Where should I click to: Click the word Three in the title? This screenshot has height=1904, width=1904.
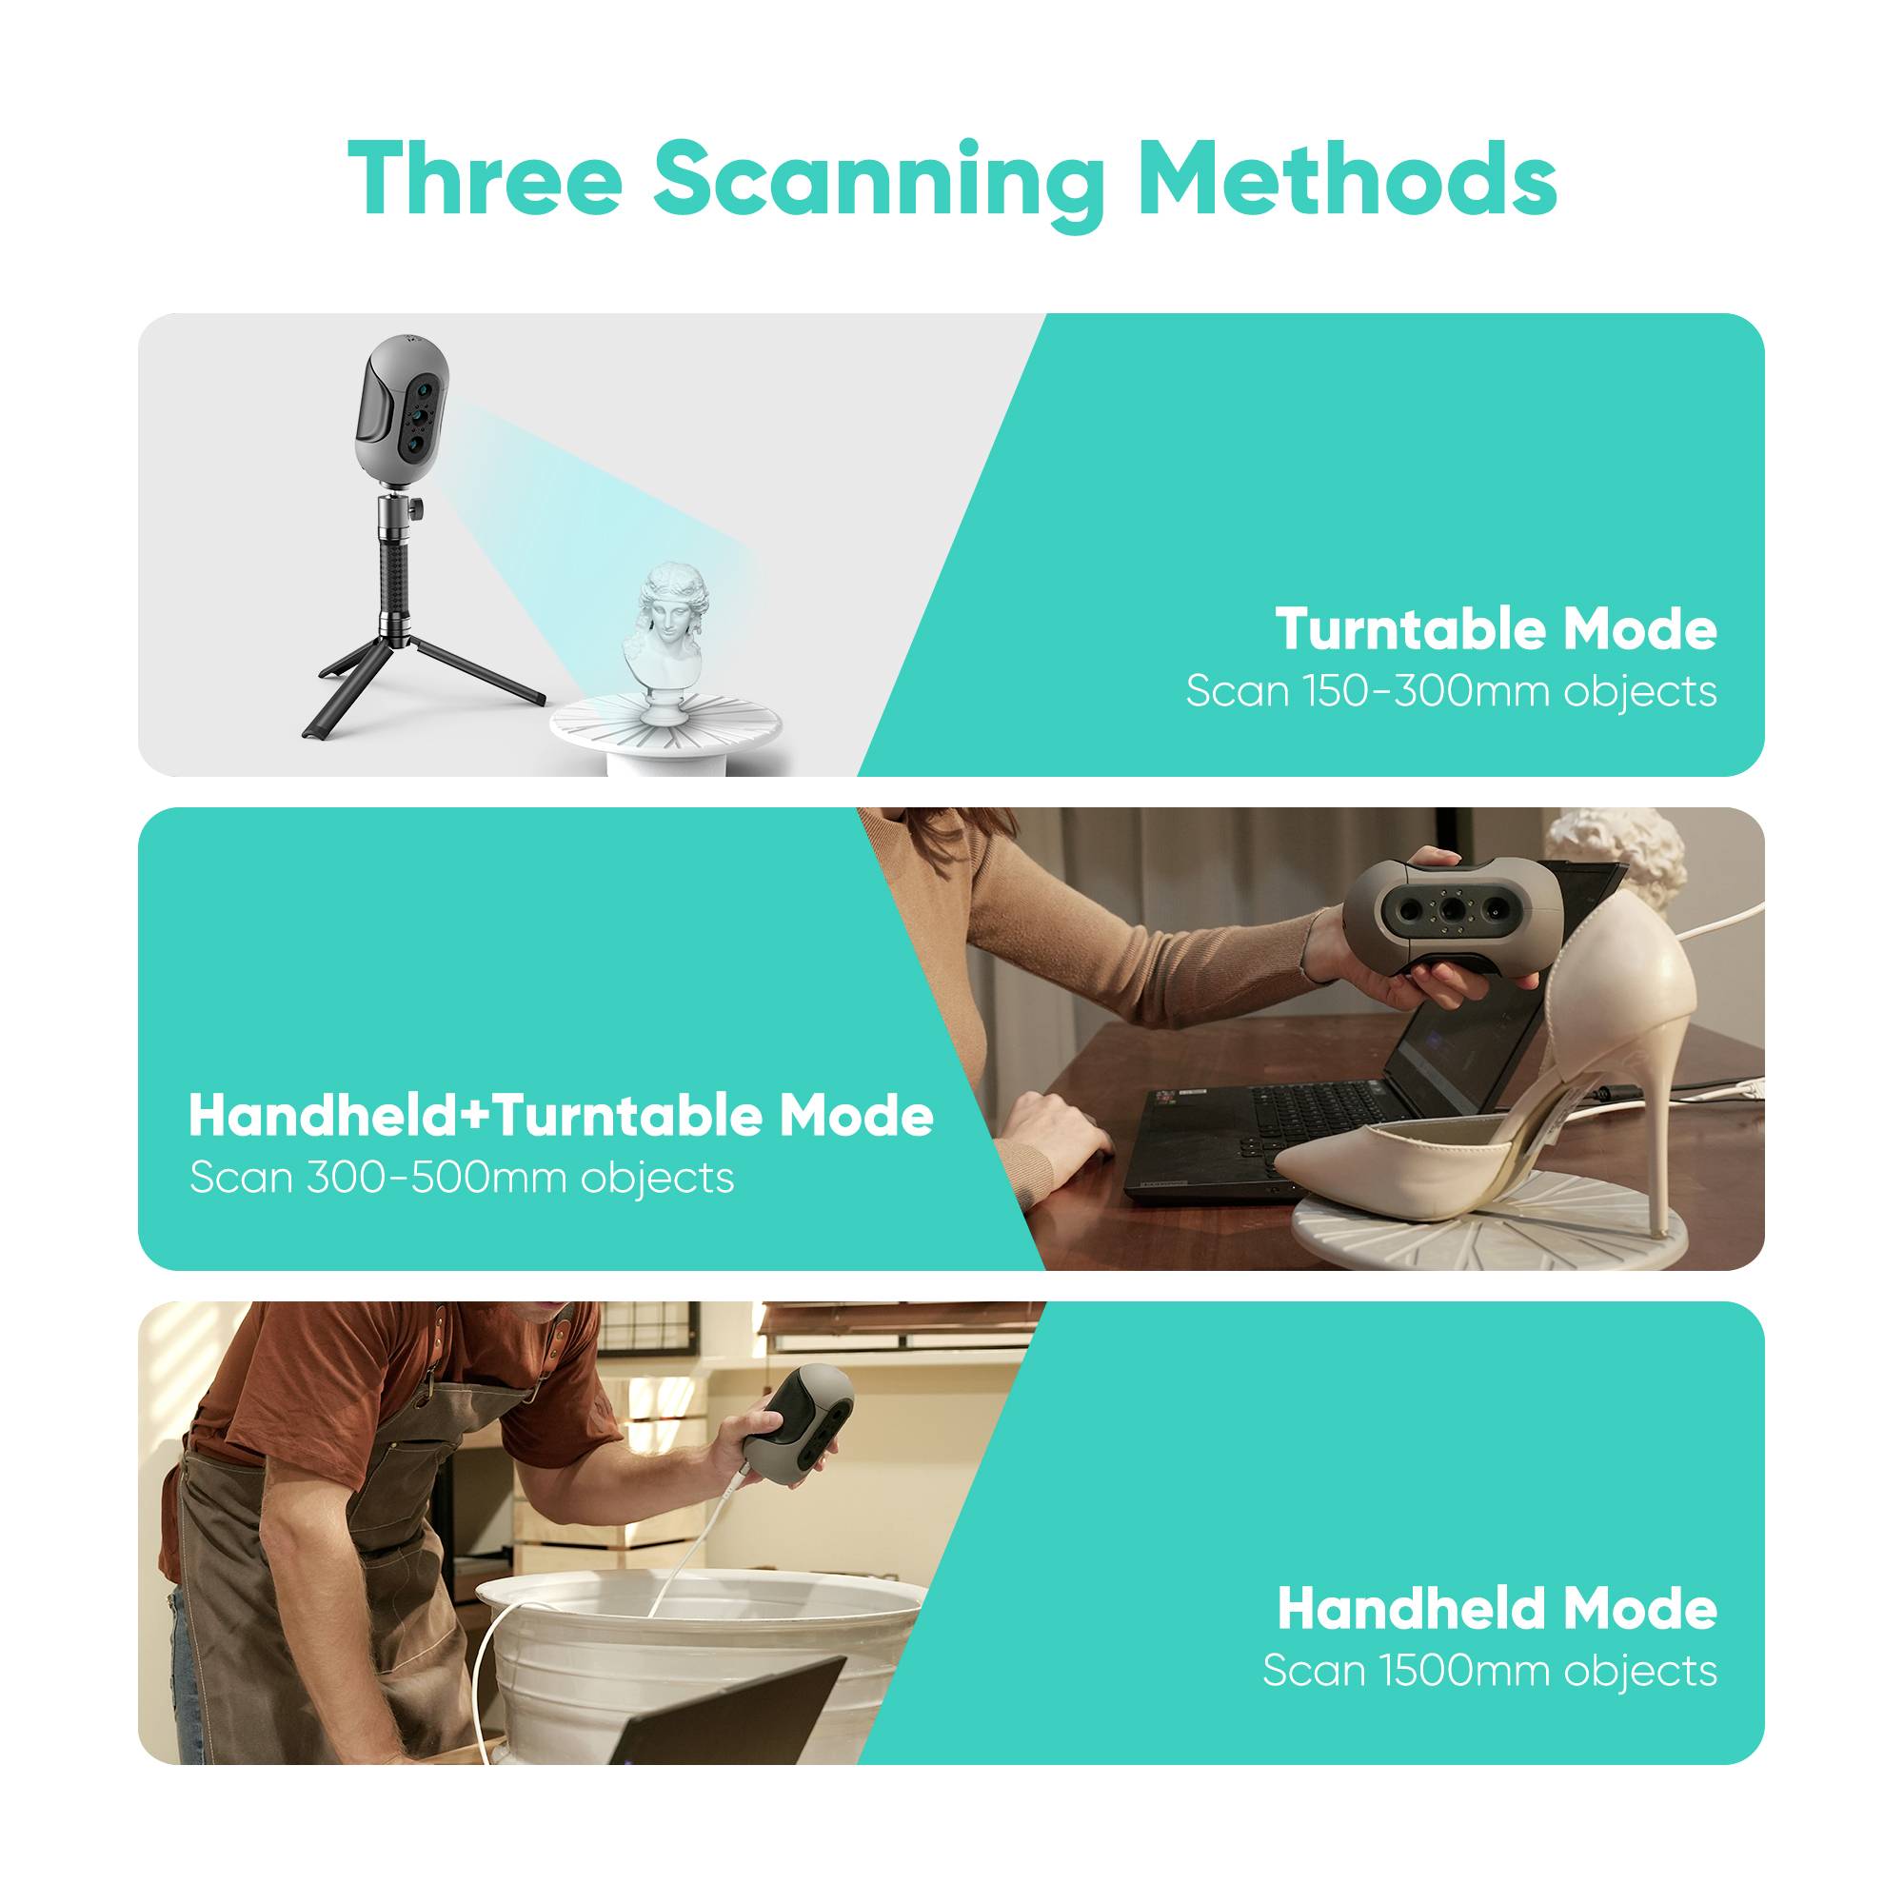pos(484,179)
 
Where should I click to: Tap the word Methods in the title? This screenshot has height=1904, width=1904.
pos(1346,179)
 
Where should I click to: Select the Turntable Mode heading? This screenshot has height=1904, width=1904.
pos(1495,628)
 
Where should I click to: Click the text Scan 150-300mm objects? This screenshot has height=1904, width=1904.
pos(1451,692)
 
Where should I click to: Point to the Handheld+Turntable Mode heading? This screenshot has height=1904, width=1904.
pos(561,1116)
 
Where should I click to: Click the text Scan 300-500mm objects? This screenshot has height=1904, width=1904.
pos(461,1178)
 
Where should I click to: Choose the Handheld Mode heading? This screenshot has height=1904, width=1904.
pos(1496,1609)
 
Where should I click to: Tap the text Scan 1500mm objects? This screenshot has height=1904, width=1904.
pos(1489,1672)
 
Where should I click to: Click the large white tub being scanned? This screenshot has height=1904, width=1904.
pos(690,1616)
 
